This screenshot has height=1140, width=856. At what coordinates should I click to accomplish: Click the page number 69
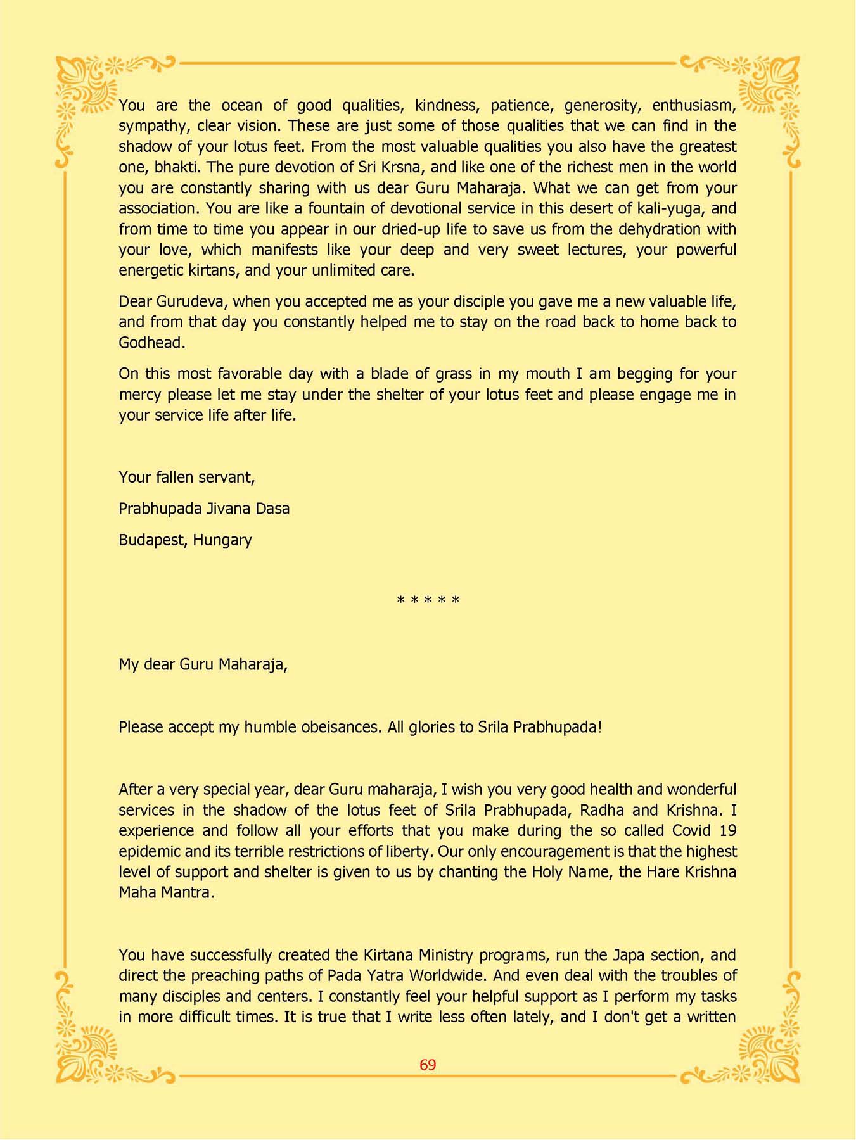click(428, 1065)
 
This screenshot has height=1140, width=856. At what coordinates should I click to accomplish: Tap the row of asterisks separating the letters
click(428, 600)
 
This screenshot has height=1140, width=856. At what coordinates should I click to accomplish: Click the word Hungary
click(222, 540)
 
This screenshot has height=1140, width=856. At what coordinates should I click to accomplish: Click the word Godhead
click(151, 343)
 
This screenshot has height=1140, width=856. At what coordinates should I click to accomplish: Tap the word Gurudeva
click(191, 301)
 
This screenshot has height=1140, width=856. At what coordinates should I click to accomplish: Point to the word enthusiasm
click(694, 105)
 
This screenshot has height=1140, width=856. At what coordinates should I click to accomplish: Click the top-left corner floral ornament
click(89, 89)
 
